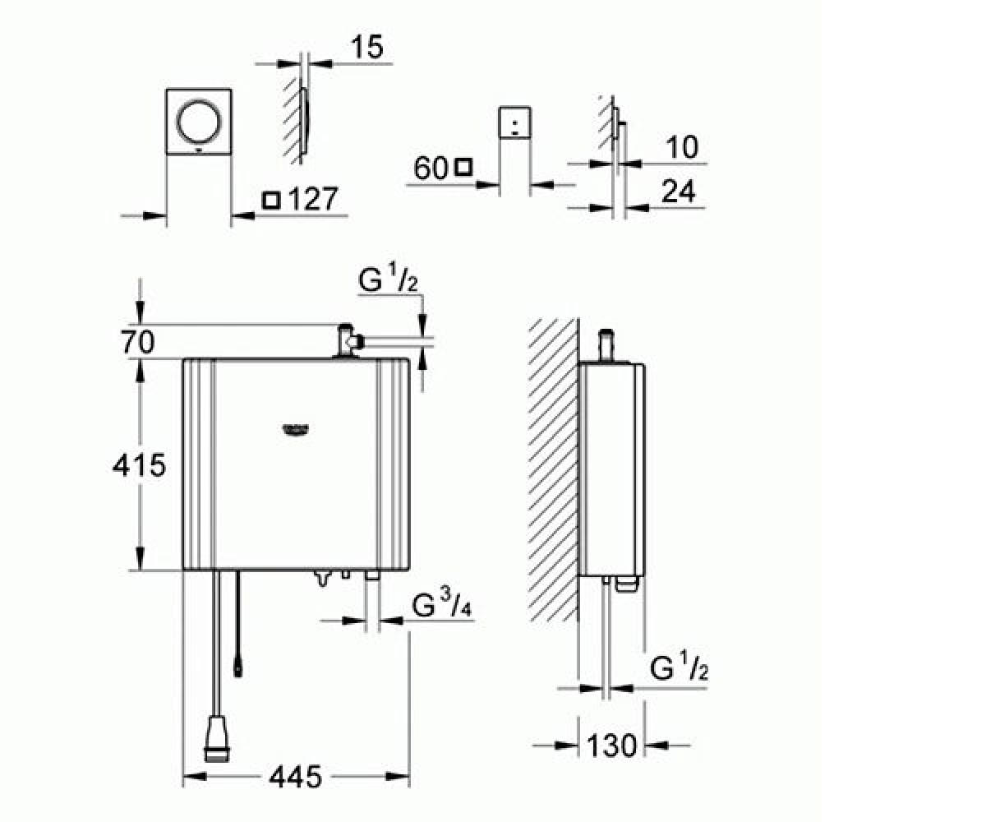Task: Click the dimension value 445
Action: coord(295,776)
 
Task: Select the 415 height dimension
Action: coord(140,464)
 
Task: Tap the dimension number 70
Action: coord(138,342)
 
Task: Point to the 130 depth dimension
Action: coord(611,746)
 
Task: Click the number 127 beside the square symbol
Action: coord(313,199)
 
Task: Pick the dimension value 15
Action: coord(367,47)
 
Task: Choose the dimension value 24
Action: coord(679,192)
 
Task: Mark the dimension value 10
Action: coord(682,147)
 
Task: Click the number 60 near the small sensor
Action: coord(431,168)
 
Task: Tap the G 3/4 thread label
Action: coord(441,605)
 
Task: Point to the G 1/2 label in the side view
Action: coord(679,668)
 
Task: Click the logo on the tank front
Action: coord(296,429)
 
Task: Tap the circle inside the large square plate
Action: coord(198,121)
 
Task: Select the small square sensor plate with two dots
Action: coord(514,122)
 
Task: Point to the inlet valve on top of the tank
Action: coord(348,340)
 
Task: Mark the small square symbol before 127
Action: coord(271,200)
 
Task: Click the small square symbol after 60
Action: coord(463,167)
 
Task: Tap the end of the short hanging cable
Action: coord(237,669)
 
